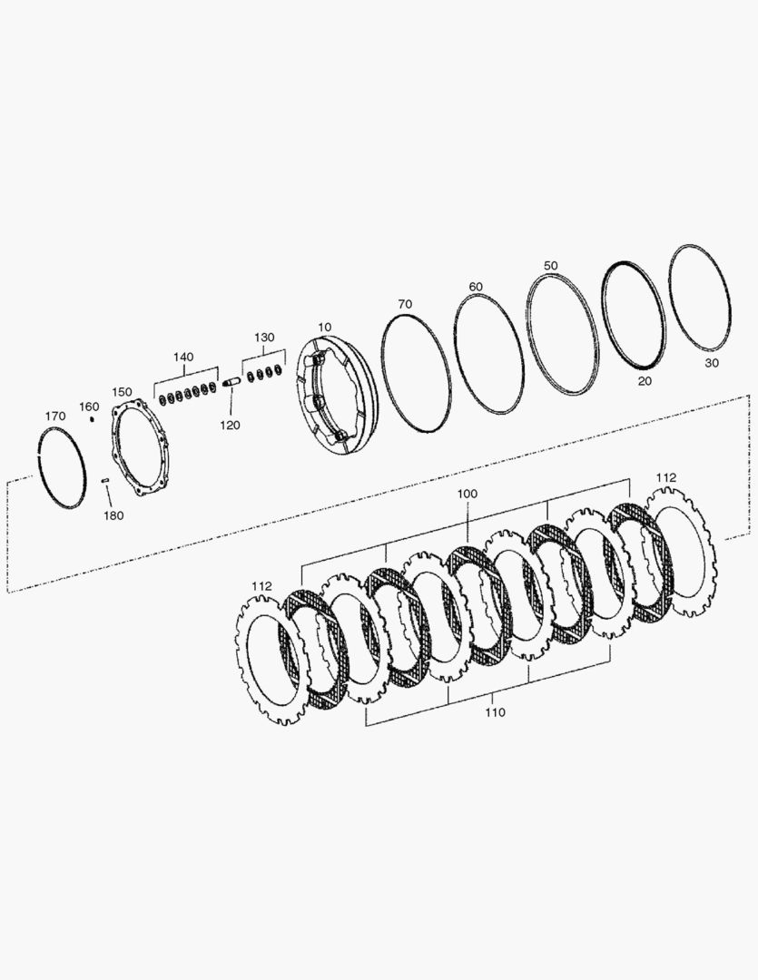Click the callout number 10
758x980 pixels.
tap(325, 327)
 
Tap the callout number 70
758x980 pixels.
tap(405, 303)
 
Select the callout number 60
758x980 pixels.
tap(476, 287)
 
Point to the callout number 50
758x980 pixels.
tap(550, 265)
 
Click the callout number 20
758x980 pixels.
tap(645, 381)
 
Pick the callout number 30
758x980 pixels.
tap(711, 361)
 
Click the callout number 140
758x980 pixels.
tap(183, 357)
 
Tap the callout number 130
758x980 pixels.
tap(263, 337)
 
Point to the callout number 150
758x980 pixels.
tap(122, 391)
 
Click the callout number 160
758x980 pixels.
tap(88, 406)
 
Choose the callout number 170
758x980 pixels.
tap(55, 416)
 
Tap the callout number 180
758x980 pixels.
tap(113, 515)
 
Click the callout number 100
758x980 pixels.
tap(467, 493)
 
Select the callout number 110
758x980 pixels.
tap(494, 712)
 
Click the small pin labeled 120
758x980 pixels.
tap(230, 381)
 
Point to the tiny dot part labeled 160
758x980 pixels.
tap(92, 419)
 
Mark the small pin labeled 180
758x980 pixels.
tap(105, 480)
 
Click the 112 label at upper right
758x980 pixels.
tap(666, 477)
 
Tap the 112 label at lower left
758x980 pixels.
tap(261, 586)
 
